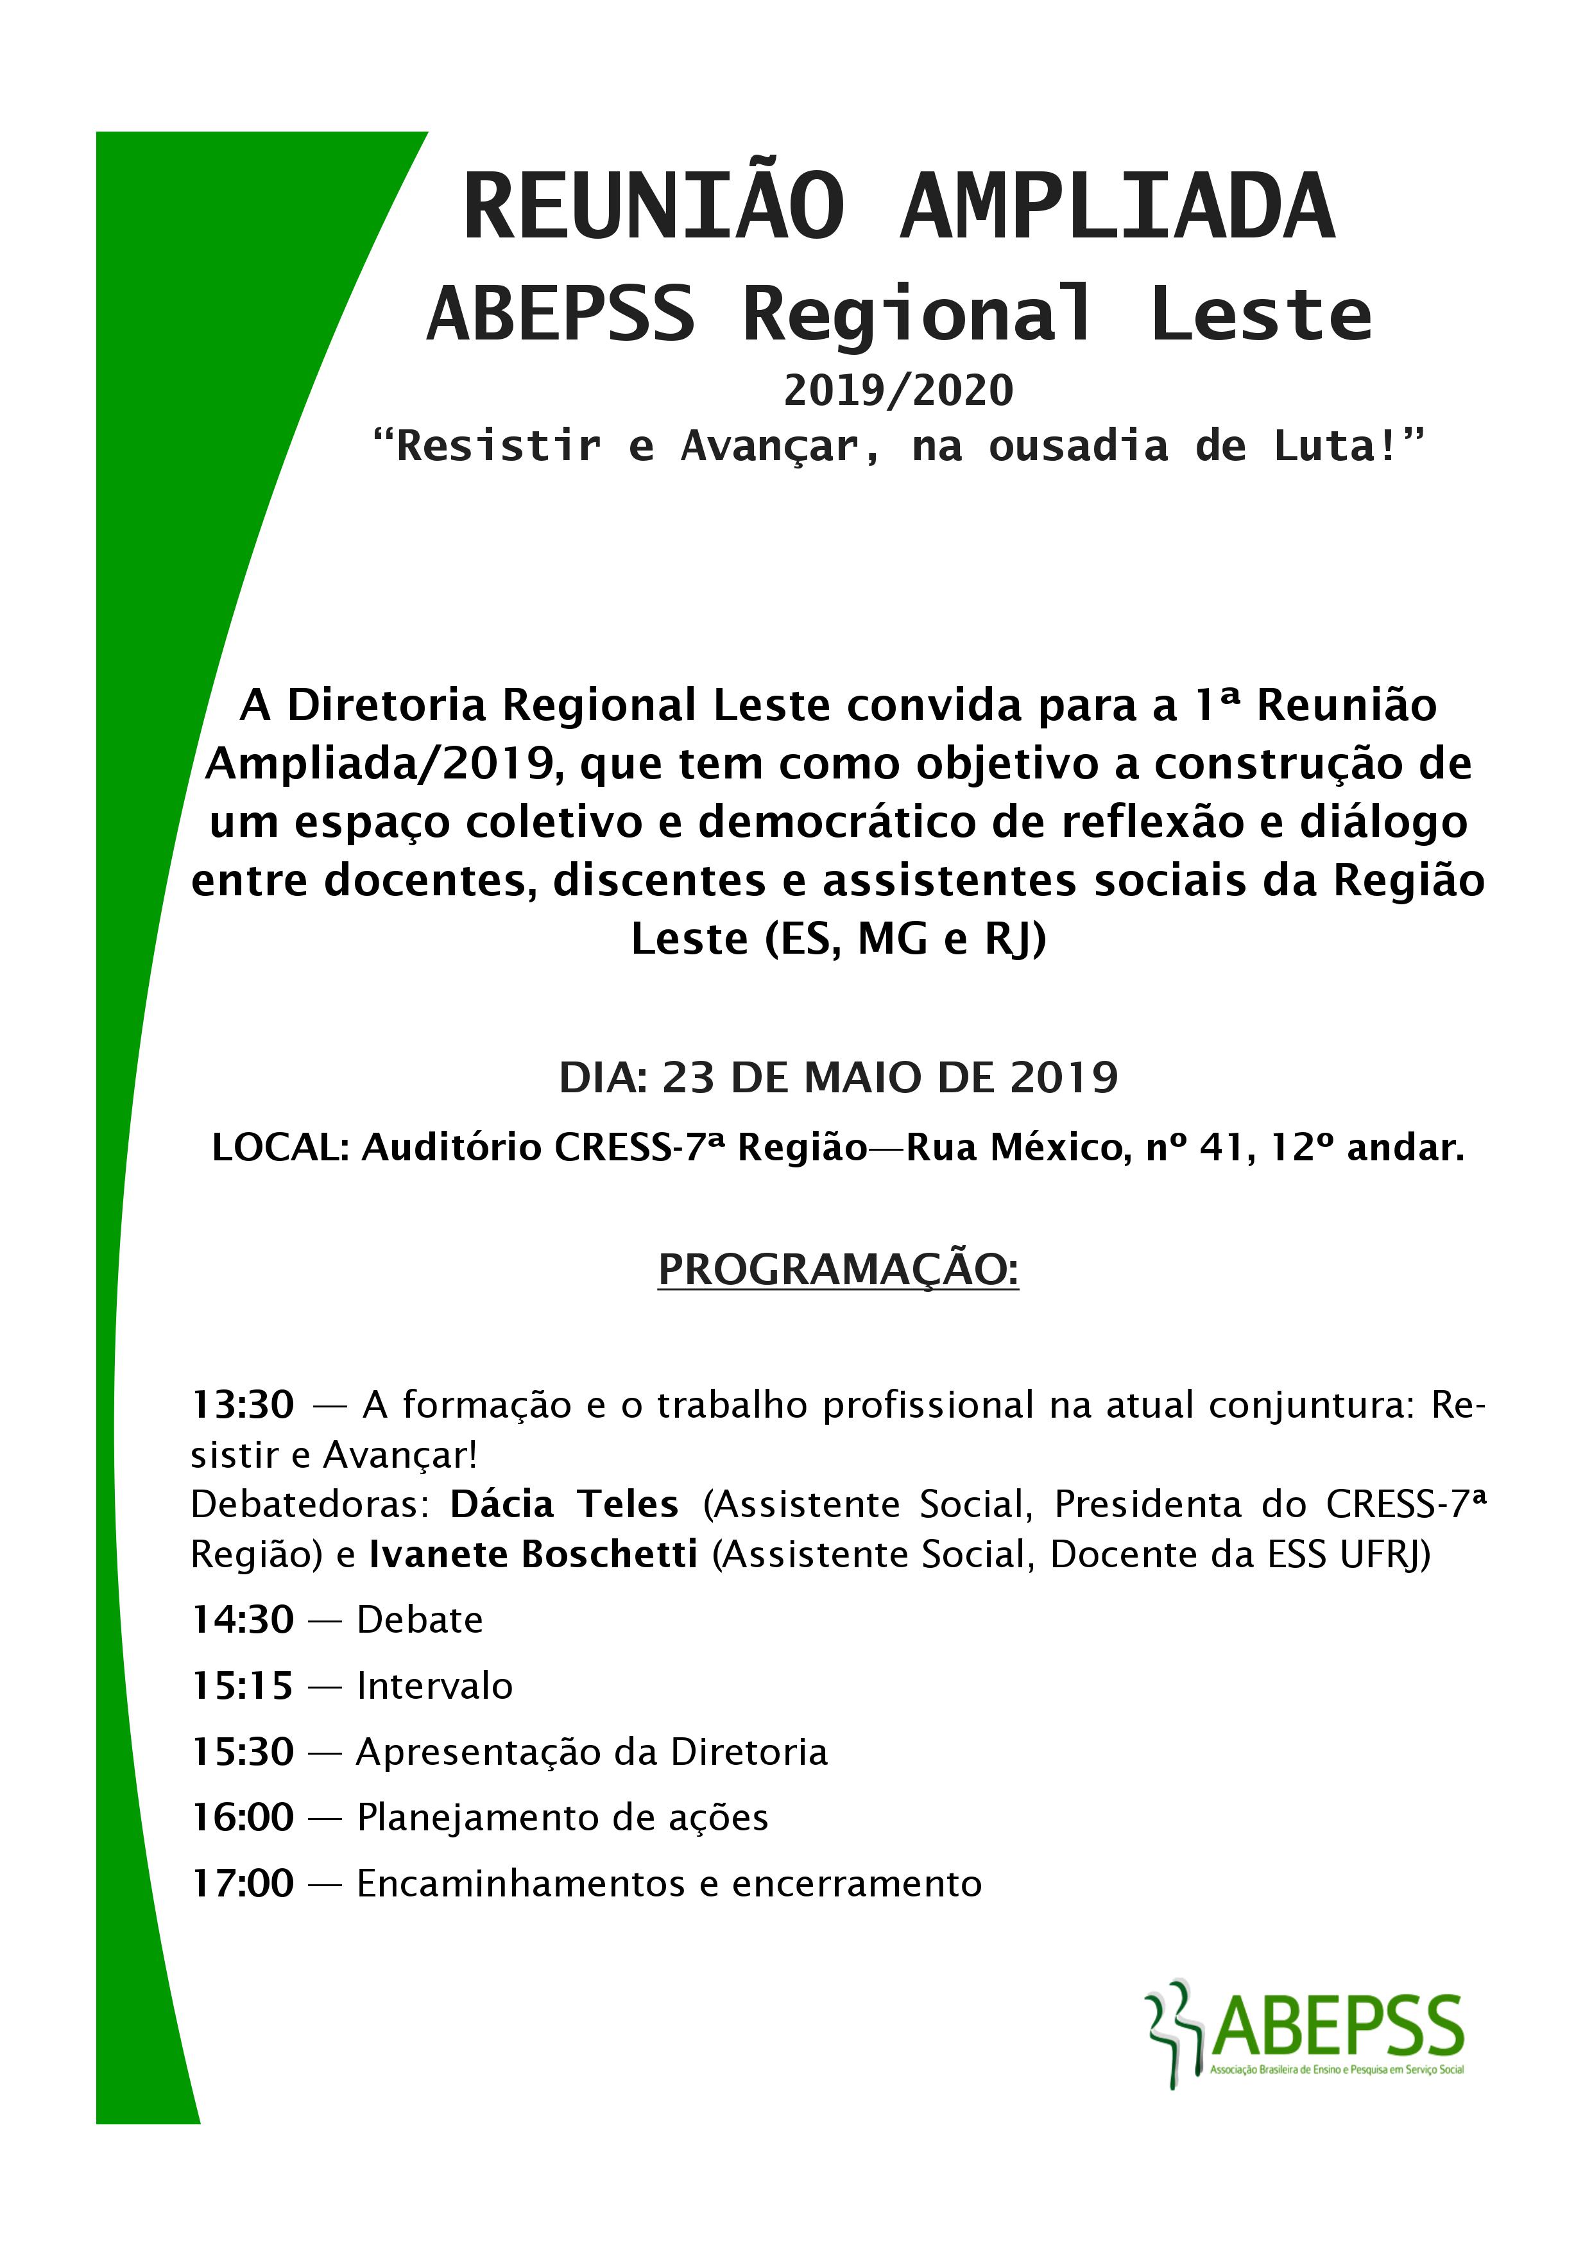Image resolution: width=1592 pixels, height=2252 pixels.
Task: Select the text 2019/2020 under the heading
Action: tap(898, 390)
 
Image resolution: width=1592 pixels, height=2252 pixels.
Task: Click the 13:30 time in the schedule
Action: tap(243, 1405)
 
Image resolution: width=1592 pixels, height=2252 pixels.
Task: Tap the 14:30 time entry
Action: tap(243, 1619)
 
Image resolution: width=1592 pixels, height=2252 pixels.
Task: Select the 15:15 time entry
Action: tap(243, 1685)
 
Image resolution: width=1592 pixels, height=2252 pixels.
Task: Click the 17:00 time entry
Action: tap(243, 1882)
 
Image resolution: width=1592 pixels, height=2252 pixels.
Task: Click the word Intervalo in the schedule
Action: tap(434, 1685)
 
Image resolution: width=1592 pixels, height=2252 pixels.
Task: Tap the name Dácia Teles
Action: tap(564, 1504)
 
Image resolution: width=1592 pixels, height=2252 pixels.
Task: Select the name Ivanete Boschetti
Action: tap(534, 1554)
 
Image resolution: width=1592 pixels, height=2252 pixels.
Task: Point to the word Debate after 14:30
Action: tap(420, 1619)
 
